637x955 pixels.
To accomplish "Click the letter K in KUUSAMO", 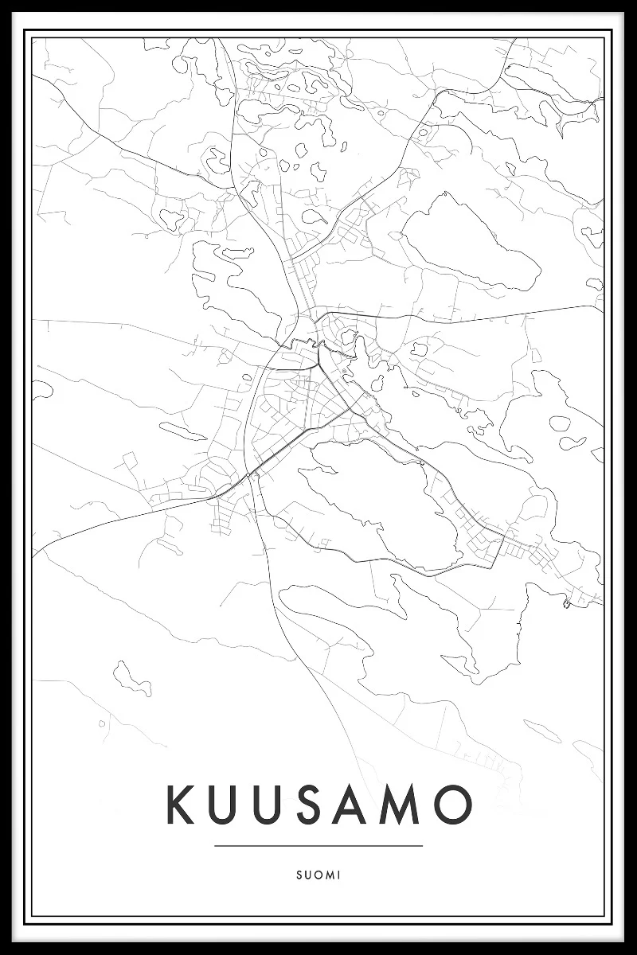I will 180,805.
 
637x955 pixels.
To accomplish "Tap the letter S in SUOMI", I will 298,875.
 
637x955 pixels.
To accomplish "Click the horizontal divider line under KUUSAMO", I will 318,846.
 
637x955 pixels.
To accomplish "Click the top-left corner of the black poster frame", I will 3,3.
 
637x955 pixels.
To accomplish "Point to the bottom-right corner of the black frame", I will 634,952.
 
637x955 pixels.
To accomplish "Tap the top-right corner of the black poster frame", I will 634,3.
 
